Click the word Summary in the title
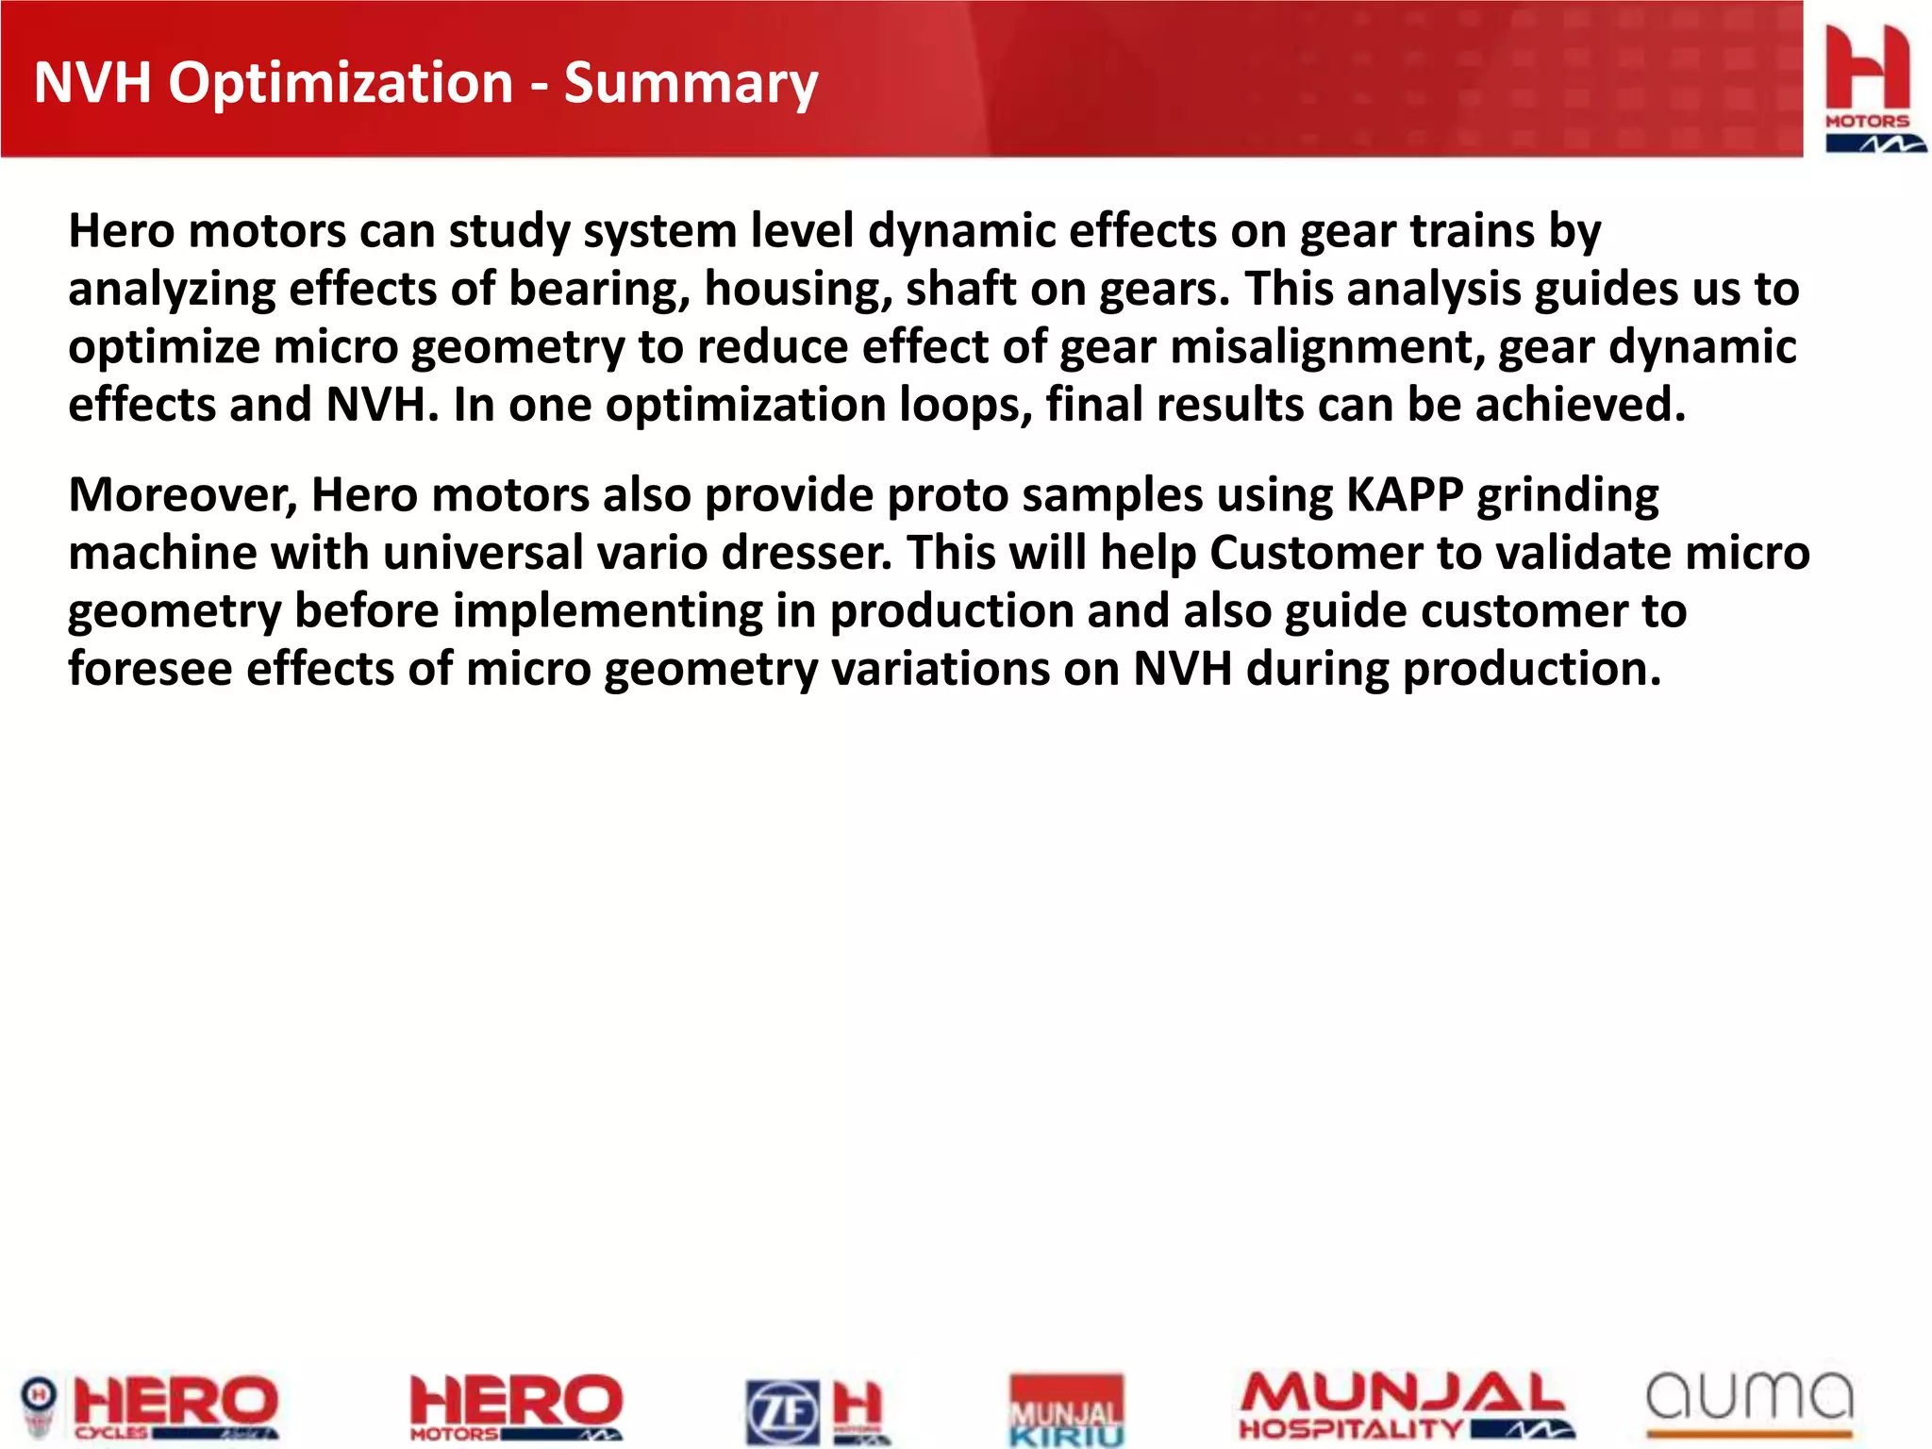pyautogui.click(x=691, y=83)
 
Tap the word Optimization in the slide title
pyautogui.click(x=341, y=83)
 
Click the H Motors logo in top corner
pyautogui.click(x=1868, y=87)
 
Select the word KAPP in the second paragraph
pyautogui.click(x=1404, y=495)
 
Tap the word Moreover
pyautogui.click(x=182, y=495)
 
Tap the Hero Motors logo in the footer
pyautogui.click(x=516, y=1407)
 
